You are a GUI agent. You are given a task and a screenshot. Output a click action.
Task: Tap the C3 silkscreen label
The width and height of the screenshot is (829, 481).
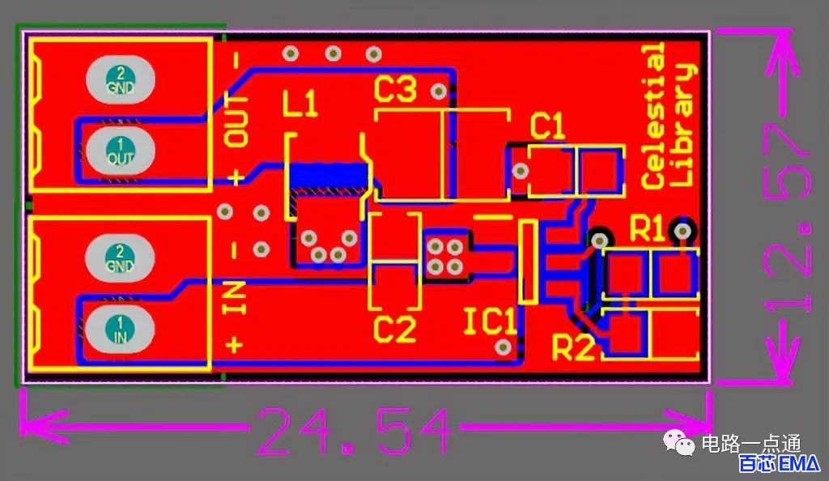pos(395,89)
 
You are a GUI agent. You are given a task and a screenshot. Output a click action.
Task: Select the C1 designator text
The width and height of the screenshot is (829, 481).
pos(548,126)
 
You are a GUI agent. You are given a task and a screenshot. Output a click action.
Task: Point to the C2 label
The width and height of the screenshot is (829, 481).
pos(394,329)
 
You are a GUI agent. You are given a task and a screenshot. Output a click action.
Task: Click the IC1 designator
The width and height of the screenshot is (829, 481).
pos(490,321)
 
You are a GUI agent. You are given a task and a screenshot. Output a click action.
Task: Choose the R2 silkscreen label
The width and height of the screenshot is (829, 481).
pos(573,347)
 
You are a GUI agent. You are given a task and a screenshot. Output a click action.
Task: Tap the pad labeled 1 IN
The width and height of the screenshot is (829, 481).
pos(120,329)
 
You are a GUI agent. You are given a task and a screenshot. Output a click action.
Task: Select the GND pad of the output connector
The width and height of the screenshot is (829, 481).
pos(120,79)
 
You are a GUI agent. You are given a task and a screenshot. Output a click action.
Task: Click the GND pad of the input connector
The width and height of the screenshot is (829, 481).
pos(120,258)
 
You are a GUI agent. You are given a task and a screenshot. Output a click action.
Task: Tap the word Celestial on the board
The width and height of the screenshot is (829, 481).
pos(653,116)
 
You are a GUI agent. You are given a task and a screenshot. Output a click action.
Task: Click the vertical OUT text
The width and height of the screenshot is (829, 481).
pos(236,121)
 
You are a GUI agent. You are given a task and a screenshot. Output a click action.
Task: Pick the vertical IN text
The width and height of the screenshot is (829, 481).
pos(235,298)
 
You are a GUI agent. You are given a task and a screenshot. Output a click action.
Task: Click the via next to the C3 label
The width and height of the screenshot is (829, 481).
pos(438,92)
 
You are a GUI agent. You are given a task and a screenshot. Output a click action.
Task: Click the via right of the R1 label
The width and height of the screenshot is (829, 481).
pos(682,231)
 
